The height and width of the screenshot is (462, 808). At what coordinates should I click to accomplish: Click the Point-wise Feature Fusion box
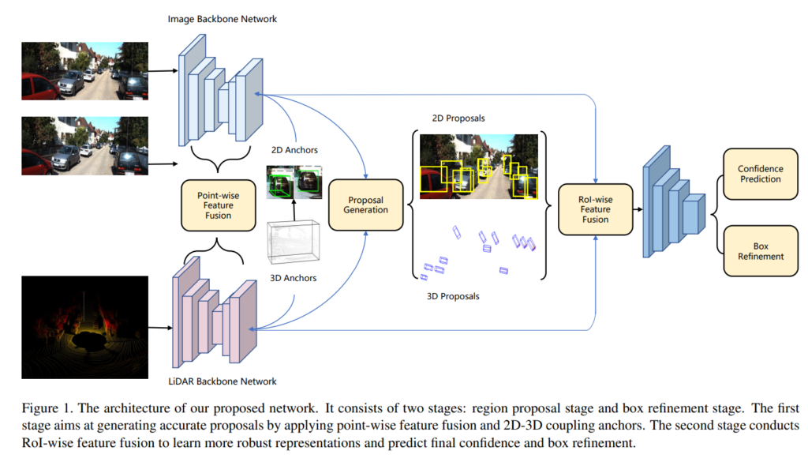(x=218, y=205)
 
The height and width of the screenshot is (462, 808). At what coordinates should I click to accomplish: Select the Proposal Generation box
(x=365, y=204)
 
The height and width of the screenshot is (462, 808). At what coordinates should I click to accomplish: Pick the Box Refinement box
(x=760, y=250)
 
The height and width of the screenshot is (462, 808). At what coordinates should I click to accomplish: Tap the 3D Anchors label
(x=294, y=278)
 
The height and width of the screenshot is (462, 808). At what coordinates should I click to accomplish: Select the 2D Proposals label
(x=458, y=118)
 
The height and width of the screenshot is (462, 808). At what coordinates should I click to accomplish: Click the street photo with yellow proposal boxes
(x=478, y=166)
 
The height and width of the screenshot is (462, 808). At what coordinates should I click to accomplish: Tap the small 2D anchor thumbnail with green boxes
(x=295, y=182)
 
